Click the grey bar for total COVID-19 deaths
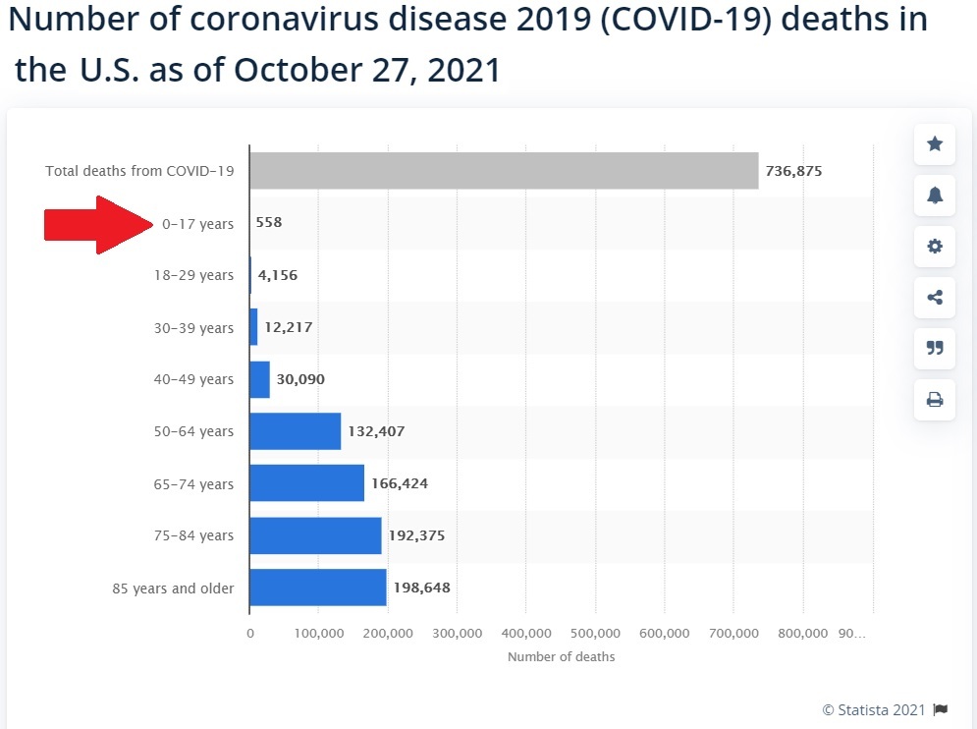[504, 171]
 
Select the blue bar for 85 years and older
[318, 588]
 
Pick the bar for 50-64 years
[296, 431]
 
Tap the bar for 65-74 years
[307, 483]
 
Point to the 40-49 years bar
[260, 379]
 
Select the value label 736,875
[794, 171]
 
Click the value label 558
[269, 223]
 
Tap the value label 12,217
[289, 327]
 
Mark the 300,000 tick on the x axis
[457, 634]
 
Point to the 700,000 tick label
[733, 634]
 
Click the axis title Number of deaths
[561, 656]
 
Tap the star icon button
[935, 144]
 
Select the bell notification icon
[935, 196]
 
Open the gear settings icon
[935, 247]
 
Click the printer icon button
[935, 399]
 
